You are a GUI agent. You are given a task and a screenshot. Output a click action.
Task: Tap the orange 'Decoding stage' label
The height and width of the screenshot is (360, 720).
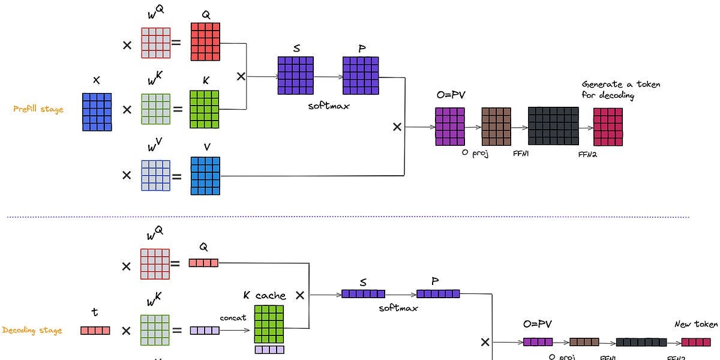pos(33,330)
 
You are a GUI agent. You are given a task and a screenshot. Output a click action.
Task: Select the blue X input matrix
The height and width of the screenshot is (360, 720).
pos(97,112)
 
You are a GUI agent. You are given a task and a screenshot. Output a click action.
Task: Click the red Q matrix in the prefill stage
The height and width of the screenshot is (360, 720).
pos(205,41)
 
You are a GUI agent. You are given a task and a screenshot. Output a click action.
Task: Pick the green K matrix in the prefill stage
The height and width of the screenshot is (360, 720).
pos(204,109)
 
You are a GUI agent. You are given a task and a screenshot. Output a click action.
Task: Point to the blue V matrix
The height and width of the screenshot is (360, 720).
pos(205,176)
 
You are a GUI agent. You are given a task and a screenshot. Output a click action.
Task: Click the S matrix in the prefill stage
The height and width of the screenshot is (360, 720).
pos(295,76)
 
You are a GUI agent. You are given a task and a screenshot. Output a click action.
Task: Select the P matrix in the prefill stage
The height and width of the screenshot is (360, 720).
pos(361,76)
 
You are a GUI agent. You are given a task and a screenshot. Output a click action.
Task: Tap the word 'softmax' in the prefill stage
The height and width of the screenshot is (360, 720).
pos(328,106)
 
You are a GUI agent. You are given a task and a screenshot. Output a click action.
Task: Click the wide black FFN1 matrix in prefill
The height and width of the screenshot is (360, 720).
pos(553,127)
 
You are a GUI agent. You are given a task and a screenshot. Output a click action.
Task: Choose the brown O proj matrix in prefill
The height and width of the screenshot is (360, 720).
pos(496,127)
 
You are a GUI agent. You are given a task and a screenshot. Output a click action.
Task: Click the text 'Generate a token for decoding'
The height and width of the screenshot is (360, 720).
pos(620,90)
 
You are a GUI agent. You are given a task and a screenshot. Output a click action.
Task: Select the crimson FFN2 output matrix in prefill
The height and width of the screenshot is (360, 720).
pos(608,127)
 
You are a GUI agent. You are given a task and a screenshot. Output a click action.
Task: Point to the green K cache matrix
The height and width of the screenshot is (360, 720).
pos(269,324)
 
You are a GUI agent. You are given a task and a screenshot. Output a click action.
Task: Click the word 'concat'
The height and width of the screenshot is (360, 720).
pos(233,318)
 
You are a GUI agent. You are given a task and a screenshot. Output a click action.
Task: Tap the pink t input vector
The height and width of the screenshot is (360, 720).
pos(95,330)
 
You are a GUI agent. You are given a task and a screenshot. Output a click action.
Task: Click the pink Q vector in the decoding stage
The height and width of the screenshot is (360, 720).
pos(203,263)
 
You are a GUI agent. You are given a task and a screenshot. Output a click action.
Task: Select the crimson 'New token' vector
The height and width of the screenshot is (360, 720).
pos(696,342)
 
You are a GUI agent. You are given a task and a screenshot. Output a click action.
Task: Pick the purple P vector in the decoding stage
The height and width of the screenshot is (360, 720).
pos(438,294)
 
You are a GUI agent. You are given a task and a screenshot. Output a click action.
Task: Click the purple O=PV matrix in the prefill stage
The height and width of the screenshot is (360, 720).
pos(450,127)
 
